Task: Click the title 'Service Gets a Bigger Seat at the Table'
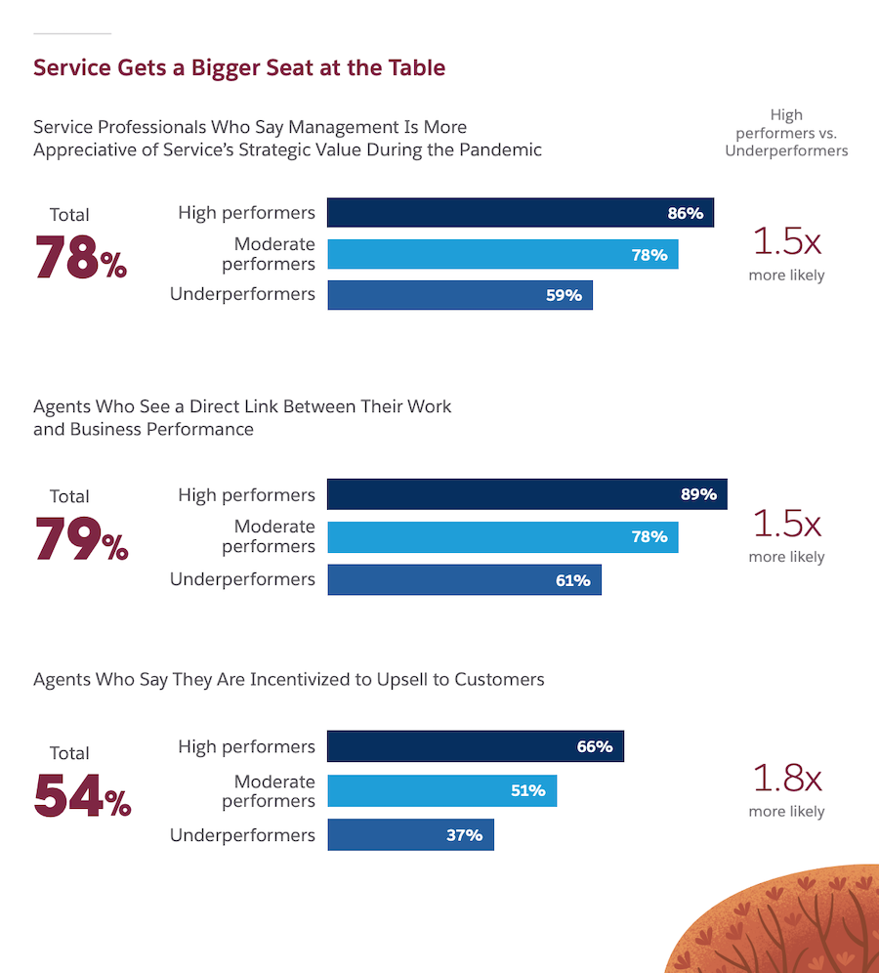(239, 67)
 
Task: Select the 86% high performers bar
(520, 213)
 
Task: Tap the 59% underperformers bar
(459, 295)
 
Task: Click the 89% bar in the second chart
(526, 494)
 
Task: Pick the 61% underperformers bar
(464, 580)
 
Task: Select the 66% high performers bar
(475, 746)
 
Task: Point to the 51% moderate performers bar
(441, 790)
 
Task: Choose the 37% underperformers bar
(410, 835)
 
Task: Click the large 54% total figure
(82, 797)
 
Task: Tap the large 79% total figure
(82, 540)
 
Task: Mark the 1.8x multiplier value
(786, 779)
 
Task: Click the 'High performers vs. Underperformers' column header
(786, 133)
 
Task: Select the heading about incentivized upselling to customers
(288, 679)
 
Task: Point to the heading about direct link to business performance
(242, 417)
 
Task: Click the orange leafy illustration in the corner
(781, 923)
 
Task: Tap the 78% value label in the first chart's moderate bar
(649, 255)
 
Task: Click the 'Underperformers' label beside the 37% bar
(242, 835)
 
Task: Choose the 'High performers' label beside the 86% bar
(246, 213)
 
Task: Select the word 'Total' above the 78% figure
(69, 215)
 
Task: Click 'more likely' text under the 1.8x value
(786, 812)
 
